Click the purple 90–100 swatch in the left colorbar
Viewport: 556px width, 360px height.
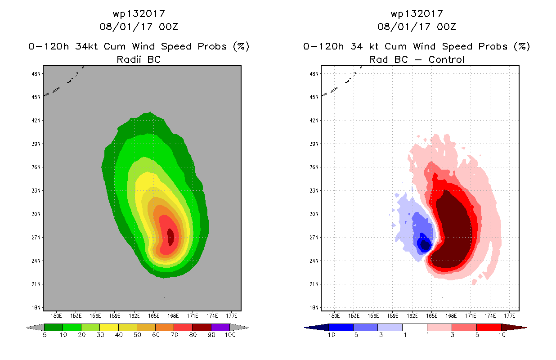(x=220, y=327)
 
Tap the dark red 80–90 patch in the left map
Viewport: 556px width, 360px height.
(x=170, y=236)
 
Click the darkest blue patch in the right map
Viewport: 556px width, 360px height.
(x=424, y=244)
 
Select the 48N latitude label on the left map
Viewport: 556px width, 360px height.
(x=37, y=73)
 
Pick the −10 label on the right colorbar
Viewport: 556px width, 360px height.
(x=329, y=335)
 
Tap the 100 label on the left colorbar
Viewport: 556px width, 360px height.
(x=230, y=335)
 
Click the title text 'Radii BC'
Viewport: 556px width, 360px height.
(x=139, y=59)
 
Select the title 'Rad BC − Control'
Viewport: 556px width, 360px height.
(x=417, y=59)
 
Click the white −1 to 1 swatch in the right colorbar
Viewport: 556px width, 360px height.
(x=414, y=327)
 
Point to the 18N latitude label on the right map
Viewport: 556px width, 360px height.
(x=315, y=307)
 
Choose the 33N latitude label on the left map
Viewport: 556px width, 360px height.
(x=37, y=190)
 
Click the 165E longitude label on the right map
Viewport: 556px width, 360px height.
(x=432, y=315)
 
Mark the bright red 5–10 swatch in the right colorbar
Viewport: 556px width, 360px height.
(x=488, y=327)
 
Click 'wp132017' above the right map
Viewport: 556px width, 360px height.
(x=417, y=14)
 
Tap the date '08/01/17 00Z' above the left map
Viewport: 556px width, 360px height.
(x=139, y=27)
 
